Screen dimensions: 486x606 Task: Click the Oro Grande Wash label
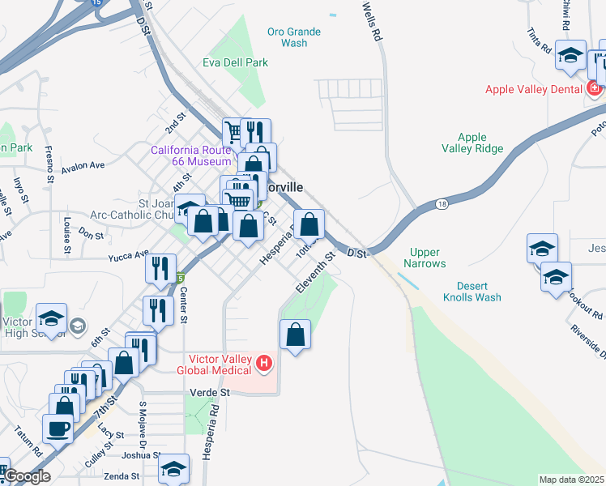coord(294,37)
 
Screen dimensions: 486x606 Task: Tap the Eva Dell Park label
coord(236,62)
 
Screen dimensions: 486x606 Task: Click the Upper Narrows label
coord(427,258)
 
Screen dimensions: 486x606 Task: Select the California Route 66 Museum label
coord(192,156)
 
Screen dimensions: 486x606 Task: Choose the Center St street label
coord(184,305)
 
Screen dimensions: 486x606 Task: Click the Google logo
coord(27,476)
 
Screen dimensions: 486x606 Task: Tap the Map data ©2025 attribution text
coord(570,480)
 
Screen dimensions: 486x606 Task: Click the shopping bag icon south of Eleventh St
coord(296,335)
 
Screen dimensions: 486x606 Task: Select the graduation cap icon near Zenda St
coord(174,469)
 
